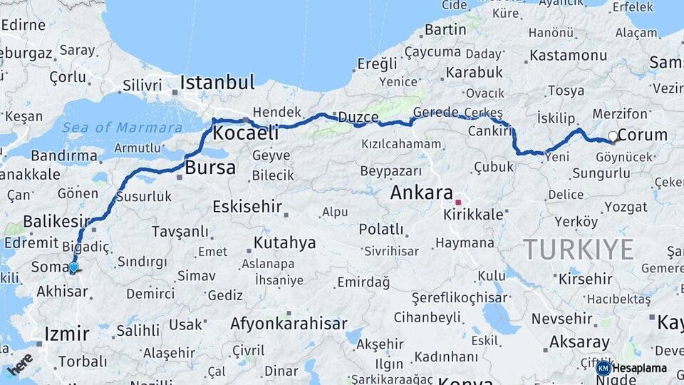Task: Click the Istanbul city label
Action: tap(217, 82)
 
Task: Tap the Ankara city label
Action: tap(422, 192)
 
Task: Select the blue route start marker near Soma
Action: tap(73, 267)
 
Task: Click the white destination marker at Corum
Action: tap(613, 136)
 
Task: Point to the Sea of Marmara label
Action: tap(122, 128)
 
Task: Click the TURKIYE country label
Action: tap(579, 250)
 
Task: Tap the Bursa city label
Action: tap(210, 168)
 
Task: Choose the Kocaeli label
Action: tap(246, 133)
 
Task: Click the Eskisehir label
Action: tap(247, 207)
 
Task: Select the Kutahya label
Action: tap(284, 243)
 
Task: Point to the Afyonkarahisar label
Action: tap(289, 324)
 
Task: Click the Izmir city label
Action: tap(67, 334)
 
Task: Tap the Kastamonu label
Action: tap(568, 55)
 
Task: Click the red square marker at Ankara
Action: tap(458, 202)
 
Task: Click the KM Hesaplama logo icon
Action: tap(603, 368)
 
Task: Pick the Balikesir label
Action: tap(56, 221)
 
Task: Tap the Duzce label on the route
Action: tap(358, 117)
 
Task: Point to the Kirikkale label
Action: tap(473, 215)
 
